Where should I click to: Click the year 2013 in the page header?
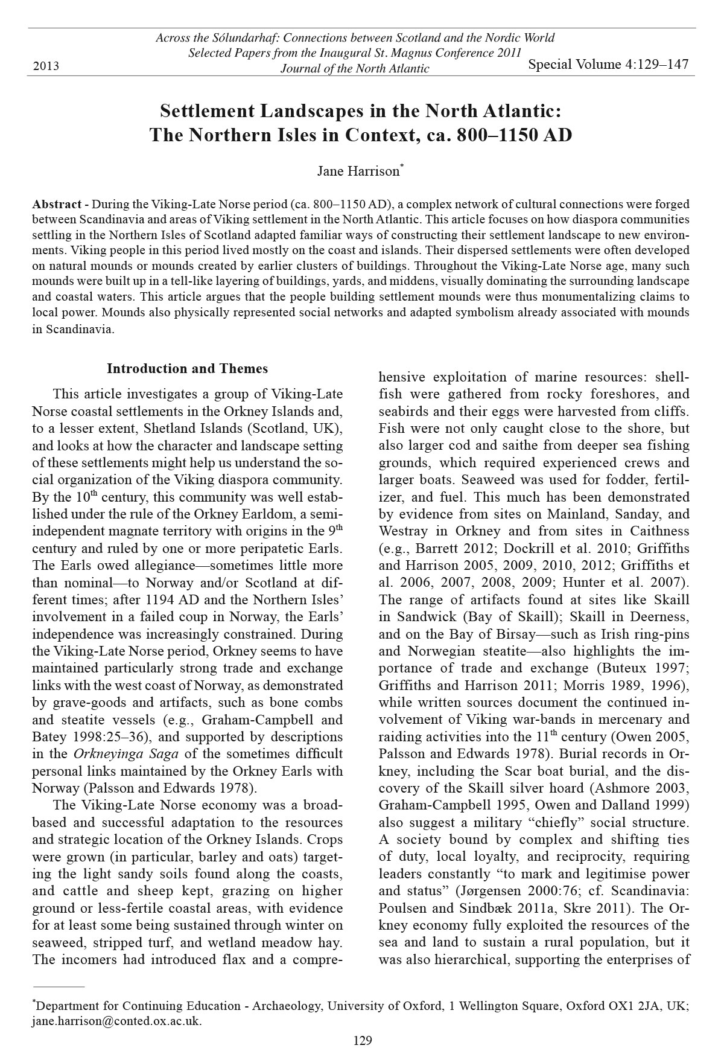(46, 66)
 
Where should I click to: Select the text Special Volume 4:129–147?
(608, 64)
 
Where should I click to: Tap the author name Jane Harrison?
(358, 171)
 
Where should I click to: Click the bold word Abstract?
(57, 203)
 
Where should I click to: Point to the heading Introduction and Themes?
(187, 368)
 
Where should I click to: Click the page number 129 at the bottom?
(362, 1040)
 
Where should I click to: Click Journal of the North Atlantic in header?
(355, 68)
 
